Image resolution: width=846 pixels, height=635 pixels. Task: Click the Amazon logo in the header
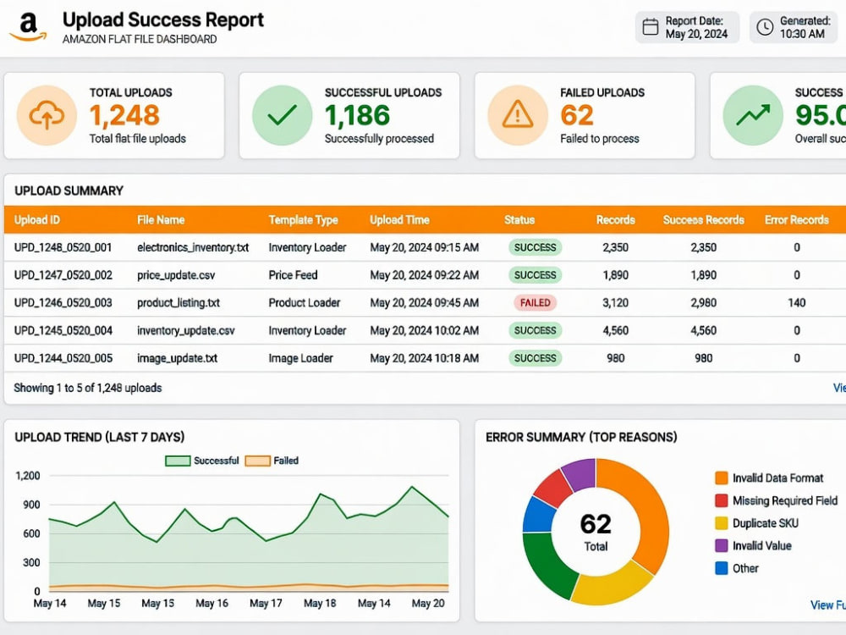point(28,27)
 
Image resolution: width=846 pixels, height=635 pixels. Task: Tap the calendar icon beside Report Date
point(650,27)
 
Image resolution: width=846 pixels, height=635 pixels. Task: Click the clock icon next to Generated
point(765,27)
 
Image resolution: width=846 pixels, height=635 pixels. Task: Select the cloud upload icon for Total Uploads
point(47,115)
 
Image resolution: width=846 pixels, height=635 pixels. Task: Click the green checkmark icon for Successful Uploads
point(283,115)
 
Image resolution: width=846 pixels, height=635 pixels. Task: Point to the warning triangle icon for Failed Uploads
point(518,114)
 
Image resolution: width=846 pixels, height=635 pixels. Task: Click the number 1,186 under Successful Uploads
point(357,115)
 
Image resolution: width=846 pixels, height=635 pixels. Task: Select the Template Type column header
point(303,220)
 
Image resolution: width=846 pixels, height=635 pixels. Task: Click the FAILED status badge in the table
point(535,303)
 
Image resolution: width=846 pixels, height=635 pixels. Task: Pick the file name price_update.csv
point(176,275)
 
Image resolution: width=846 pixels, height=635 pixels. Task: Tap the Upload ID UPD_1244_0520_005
point(63,358)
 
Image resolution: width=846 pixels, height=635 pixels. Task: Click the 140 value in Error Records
point(796,303)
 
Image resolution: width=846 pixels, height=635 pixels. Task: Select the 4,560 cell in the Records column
point(616,330)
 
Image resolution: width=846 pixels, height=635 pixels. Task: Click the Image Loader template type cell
point(300,358)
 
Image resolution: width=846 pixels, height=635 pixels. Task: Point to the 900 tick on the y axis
point(31,505)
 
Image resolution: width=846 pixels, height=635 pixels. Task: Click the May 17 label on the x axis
point(266,603)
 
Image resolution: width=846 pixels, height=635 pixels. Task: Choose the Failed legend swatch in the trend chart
point(257,461)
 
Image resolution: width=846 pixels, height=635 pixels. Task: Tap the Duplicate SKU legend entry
point(756,523)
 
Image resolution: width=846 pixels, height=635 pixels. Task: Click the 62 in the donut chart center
point(596,524)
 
